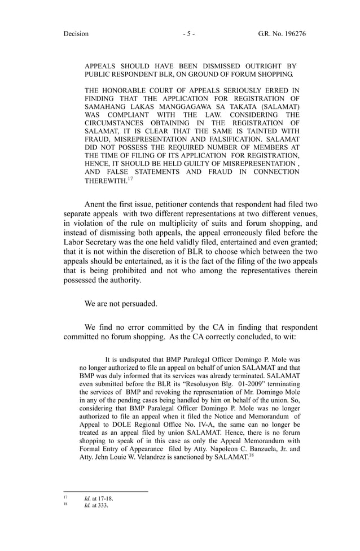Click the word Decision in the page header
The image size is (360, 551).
coord(76,34)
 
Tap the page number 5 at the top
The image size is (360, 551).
coord(188,34)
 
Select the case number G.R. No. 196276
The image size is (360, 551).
coord(282,34)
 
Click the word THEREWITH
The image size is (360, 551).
coord(106,180)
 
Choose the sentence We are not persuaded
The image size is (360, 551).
coord(121,303)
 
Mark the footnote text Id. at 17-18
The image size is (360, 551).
coord(99,498)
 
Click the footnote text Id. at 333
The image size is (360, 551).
coord(95,505)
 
